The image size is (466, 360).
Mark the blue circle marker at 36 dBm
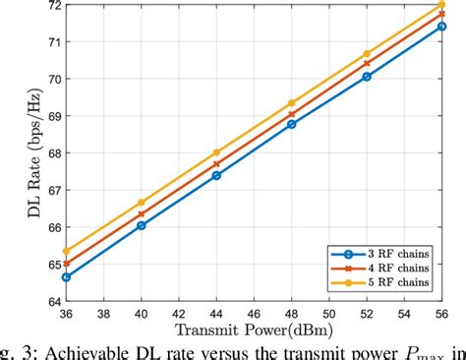coord(66,277)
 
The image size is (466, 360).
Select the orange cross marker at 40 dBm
coord(141,214)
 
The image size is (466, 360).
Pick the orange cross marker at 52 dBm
coord(367,63)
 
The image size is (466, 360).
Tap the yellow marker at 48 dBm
coord(292,103)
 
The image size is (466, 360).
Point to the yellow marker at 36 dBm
coord(66,251)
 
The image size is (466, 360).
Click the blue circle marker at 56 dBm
coord(442,27)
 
